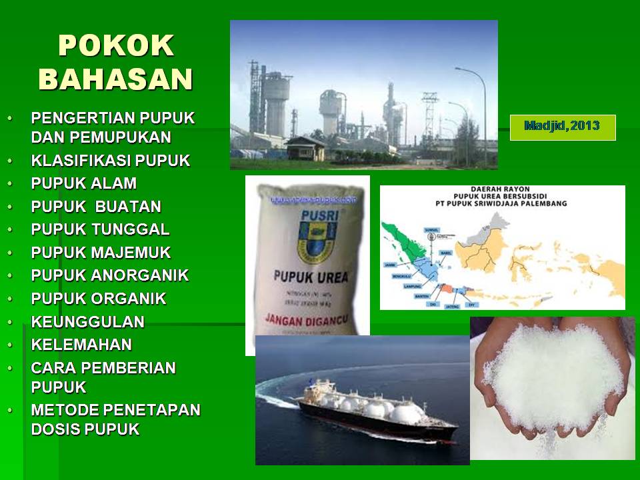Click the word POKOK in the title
[x=116, y=45]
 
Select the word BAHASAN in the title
[x=116, y=78]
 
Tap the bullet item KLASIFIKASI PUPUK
[x=111, y=161]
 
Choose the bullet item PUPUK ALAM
[x=84, y=183]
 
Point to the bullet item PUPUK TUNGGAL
[x=100, y=229]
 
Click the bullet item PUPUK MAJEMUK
[x=101, y=253]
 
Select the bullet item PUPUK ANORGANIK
[x=110, y=275]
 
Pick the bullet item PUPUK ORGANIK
[x=99, y=299]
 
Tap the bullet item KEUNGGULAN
[x=88, y=321]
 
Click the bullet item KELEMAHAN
[x=81, y=345]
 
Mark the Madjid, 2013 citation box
[x=562, y=127]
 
